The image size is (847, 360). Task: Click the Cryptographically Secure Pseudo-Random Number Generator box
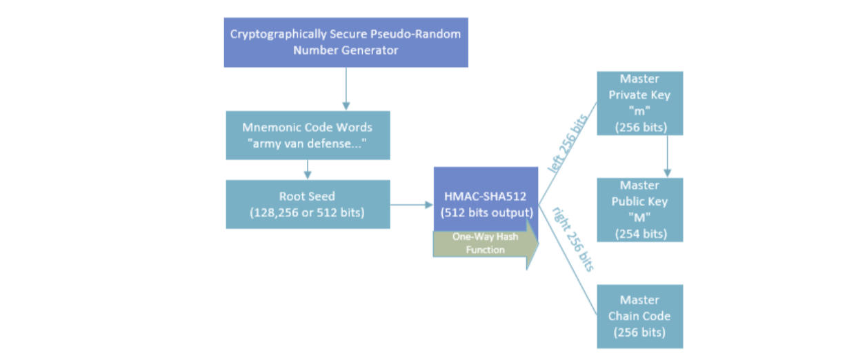click(346, 42)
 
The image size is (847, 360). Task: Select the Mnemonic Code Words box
click(307, 135)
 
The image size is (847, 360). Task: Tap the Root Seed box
click(308, 204)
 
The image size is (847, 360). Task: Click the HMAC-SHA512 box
click(485, 197)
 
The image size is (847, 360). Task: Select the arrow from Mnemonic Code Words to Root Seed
click(308, 170)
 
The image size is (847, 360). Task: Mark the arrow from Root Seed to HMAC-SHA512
click(411, 204)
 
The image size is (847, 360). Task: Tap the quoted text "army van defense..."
click(307, 144)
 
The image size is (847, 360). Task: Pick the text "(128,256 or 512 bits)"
click(308, 212)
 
